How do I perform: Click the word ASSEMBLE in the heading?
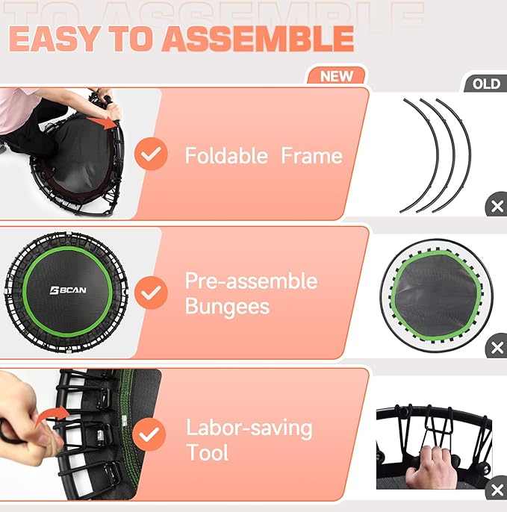[x=258, y=39]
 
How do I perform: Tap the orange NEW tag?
[x=336, y=76]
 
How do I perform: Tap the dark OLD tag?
[x=486, y=84]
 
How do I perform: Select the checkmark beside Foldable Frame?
[x=152, y=154]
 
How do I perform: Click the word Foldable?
[x=226, y=156]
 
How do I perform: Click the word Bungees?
[x=228, y=306]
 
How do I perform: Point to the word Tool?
[x=208, y=452]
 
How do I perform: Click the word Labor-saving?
[x=249, y=428]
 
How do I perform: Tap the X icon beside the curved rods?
[x=497, y=207]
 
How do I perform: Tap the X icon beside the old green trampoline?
[x=497, y=347]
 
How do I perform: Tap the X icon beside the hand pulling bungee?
[x=497, y=490]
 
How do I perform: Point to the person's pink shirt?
[x=19, y=104]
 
